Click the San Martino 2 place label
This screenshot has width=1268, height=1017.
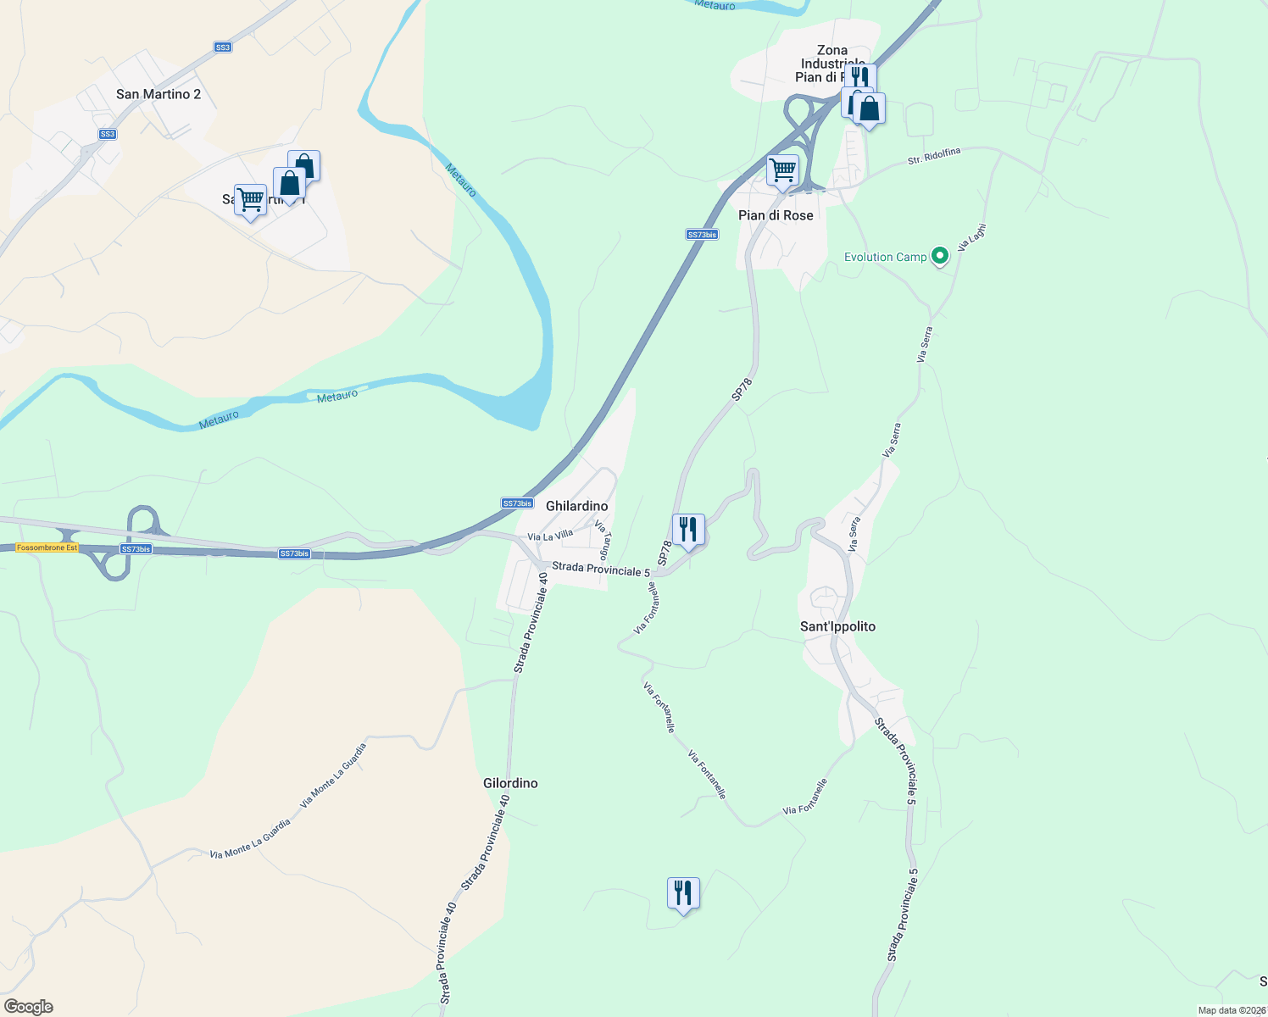pos(158,94)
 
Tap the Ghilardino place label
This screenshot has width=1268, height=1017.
pos(576,506)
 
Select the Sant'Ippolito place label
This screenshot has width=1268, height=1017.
pos(837,626)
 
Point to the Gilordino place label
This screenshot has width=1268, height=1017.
pos(510,783)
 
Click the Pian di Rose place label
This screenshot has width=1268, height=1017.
pos(776,215)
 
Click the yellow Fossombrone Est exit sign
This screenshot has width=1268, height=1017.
pos(47,548)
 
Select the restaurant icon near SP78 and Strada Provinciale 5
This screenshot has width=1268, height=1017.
pos(688,530)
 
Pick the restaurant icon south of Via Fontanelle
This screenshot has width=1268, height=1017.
pos(683,893)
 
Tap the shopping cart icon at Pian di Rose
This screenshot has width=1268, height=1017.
pos(782,169)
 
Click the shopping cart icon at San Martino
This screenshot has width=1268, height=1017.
pos(250,201)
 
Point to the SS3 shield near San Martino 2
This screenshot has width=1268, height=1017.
pos(108,134)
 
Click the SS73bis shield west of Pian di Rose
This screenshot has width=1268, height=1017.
pos(702,235)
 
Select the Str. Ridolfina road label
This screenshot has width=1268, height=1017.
pos(934,156)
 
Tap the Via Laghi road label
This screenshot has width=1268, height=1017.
pos(971,237)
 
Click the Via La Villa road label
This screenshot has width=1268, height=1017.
pos(550,536)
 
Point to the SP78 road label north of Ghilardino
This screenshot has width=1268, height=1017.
pos(742,389)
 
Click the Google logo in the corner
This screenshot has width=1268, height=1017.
pos(29,1007)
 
